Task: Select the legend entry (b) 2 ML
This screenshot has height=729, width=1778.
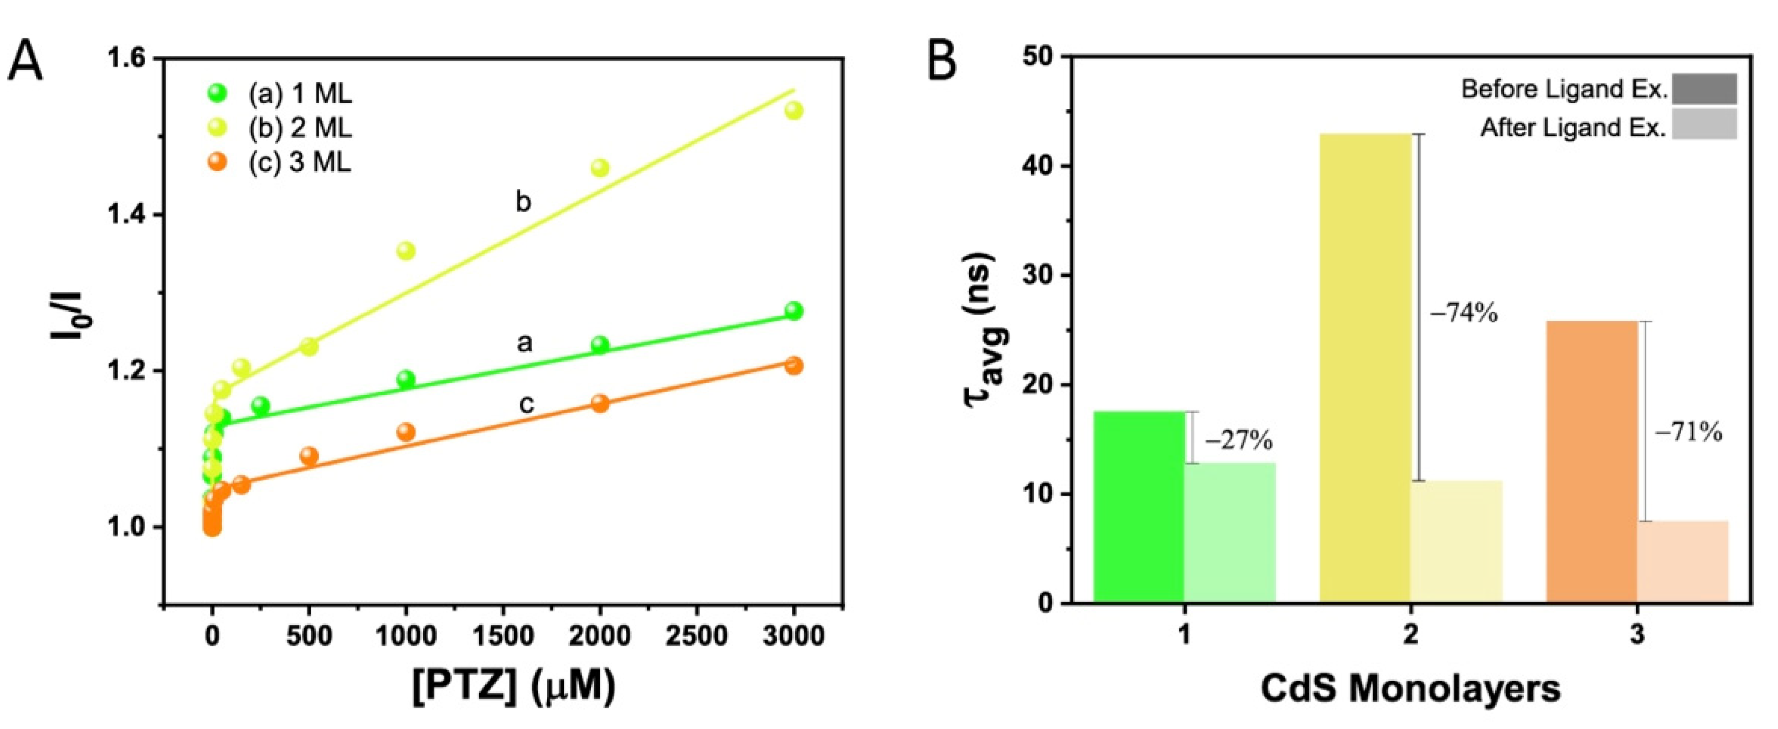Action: (x=300, y=127)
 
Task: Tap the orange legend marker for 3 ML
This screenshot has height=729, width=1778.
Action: (x=218, y=162)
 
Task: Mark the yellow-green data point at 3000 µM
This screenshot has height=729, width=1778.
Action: (x=794, y=111)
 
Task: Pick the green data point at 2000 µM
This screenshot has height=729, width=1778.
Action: (x=600, y=344)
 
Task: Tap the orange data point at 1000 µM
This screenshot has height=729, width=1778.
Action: (x=406, y=432)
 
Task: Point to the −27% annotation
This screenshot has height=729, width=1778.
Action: (x=1239, y=440)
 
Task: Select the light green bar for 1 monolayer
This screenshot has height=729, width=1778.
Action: (x=1230, y=532)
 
